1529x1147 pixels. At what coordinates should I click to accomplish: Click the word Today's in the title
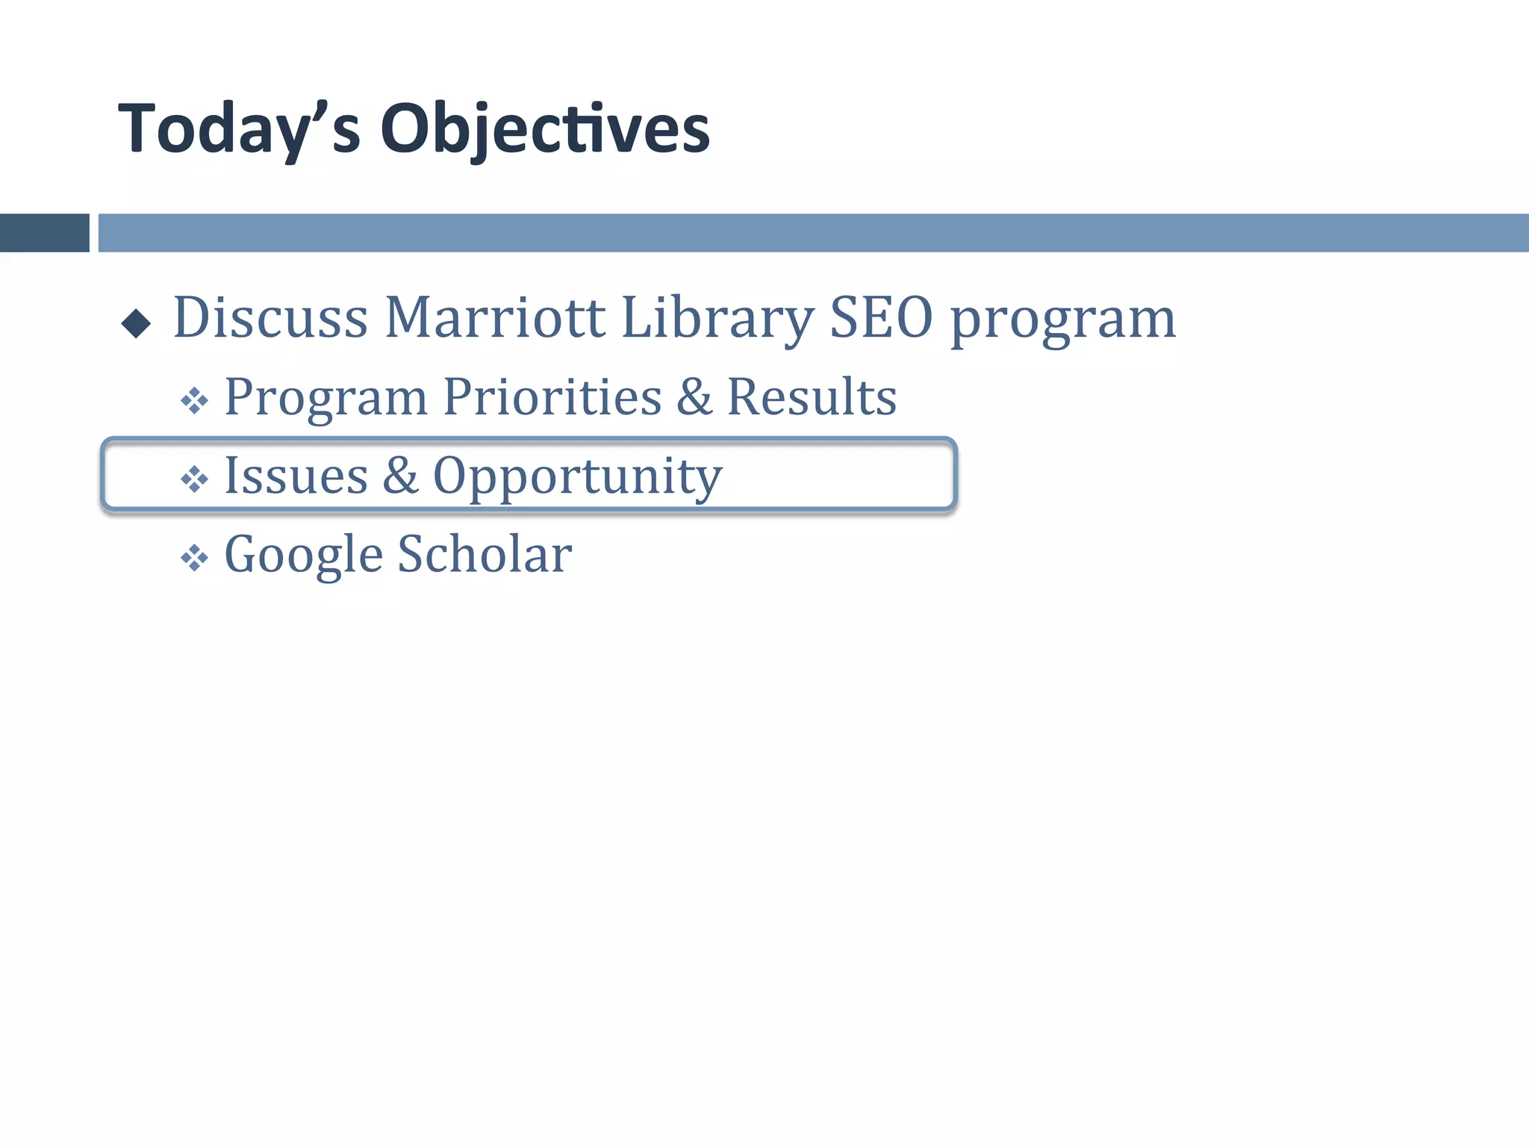[239, 130]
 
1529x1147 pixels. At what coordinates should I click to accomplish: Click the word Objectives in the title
[545, 130]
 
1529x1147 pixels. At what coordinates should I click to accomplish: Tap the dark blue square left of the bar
[44, 233]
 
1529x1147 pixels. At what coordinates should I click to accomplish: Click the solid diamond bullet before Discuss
[136, 323]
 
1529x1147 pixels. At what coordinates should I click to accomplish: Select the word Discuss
[270, 318]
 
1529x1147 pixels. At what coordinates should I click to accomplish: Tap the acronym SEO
[881, 318]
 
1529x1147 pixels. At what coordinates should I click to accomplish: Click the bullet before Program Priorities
[194, 401]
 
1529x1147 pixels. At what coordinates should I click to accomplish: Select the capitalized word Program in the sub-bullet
[326, 399]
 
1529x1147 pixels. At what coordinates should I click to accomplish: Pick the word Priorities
[552, 397]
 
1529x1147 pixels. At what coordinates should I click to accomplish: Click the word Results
[812, 397]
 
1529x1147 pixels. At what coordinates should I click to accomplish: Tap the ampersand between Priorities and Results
[694, 397]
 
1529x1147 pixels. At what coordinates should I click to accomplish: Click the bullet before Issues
[194, 479]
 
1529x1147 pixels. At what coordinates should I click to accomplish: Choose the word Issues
[296, 476]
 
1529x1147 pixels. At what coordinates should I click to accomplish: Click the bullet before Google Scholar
[194, 558]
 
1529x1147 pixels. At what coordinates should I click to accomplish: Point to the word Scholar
[485, 555]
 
